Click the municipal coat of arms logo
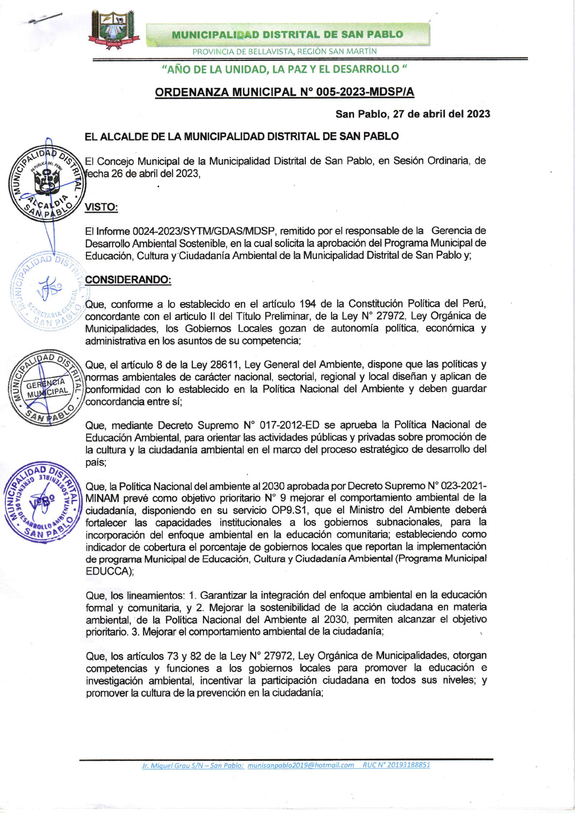(x=114, y=29)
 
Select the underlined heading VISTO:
(x=101, y=207)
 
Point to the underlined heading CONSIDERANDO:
(x=128, y=280)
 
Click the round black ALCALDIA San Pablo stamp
(x=46, y=183)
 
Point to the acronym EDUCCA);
(x=110, y=571)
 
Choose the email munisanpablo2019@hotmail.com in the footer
(x=301, y=765)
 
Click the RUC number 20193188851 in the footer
(x=408, y=765)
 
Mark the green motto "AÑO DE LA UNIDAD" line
(x=284, y=69)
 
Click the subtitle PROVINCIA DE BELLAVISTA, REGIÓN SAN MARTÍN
(x=284, y=51)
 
